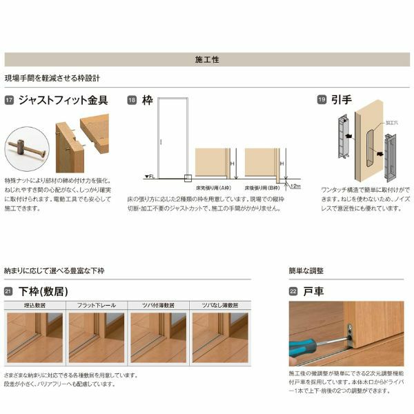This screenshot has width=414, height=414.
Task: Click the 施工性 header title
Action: (x=207, y=60)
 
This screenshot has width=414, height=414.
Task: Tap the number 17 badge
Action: (x=9, y=101)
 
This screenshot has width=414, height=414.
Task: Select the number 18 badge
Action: (x=131, y=101)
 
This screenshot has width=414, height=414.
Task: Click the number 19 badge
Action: (x=321, y=101)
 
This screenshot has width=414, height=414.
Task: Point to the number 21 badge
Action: (x=9, y=291)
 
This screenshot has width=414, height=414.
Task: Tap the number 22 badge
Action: (x=293, y=291)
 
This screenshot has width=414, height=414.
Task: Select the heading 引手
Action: (x=342, y=101)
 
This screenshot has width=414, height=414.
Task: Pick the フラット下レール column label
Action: (x=96, y=304)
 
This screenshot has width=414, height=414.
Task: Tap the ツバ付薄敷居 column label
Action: (x=158, y=304)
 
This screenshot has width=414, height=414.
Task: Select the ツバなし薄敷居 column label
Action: (x=220, y=304)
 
